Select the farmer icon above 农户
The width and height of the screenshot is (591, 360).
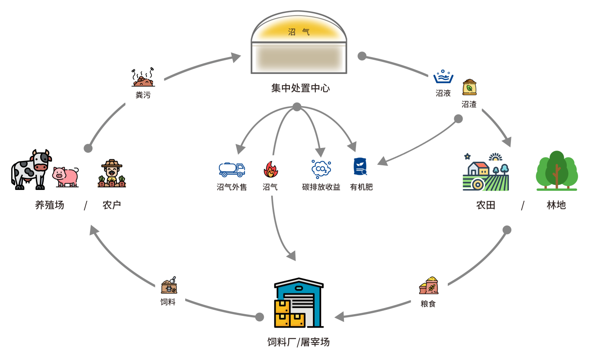pyautogui.click(x=112, y=174)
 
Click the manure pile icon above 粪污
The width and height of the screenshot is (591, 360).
pyautogui.click(x=143, y=78)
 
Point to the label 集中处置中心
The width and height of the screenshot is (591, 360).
pyautogui.click(x=300, y=88)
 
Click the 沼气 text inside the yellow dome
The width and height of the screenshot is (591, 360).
pyautogui.click(x=299, y=32)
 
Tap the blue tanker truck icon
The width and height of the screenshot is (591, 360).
pyautogui.click(x=232, y=170)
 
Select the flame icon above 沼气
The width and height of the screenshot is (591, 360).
pyautogui.click(x=271, y=170)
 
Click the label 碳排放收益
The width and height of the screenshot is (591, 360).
pyautogui.click(x=321, y=187)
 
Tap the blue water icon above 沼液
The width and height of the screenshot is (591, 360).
pyautogui.click(x=443, y=77)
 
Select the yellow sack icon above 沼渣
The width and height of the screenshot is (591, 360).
pyautogui.click(x=469, y=87)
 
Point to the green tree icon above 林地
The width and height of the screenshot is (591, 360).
pyautogui.click(x=556, y=171)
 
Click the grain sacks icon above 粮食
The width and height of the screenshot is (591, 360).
pyautogui.click(x=428, y=286)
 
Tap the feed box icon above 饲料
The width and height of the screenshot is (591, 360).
pyautogui.click(x=169, y=286)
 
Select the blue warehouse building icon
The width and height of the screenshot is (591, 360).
pyautogui.click(x=299, y=303)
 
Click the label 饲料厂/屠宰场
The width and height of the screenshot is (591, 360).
pyautogui.click(x=299, y=342)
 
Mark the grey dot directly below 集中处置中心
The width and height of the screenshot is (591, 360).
pyautogui.click(x=297, y=107)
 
